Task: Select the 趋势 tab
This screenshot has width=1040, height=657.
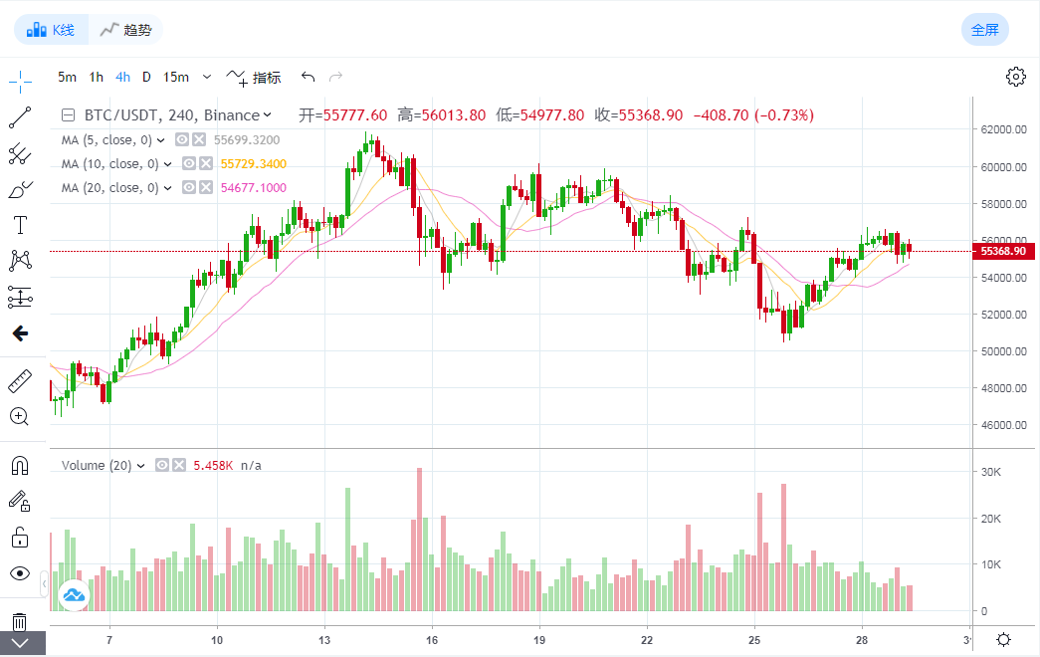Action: coord(125,30)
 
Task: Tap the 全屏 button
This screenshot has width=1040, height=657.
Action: coord(984,30)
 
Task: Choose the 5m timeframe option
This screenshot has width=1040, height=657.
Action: coord(67,77)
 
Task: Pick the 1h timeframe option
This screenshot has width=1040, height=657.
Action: coord(96,77)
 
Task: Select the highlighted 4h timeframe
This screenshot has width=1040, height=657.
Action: coord(122,77)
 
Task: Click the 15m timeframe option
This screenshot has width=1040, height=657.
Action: coord(176,77)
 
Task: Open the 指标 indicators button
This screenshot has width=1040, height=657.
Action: coord(255,77)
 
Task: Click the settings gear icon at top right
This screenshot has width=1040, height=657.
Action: coord(1015,77)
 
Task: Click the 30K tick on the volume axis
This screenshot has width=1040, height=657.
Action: coord(991,472)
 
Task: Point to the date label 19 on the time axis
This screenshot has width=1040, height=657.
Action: coord(538,639)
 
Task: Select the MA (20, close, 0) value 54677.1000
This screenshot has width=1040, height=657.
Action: coord(253,188)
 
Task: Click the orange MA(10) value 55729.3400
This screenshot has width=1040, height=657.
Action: coord(253,164)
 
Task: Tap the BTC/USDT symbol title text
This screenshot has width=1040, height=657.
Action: coord(129,114)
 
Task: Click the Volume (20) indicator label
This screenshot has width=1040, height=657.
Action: coord(97,465)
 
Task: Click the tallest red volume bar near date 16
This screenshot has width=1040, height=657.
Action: coord(420,539)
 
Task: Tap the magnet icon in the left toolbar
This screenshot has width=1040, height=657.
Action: coord(19,464)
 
